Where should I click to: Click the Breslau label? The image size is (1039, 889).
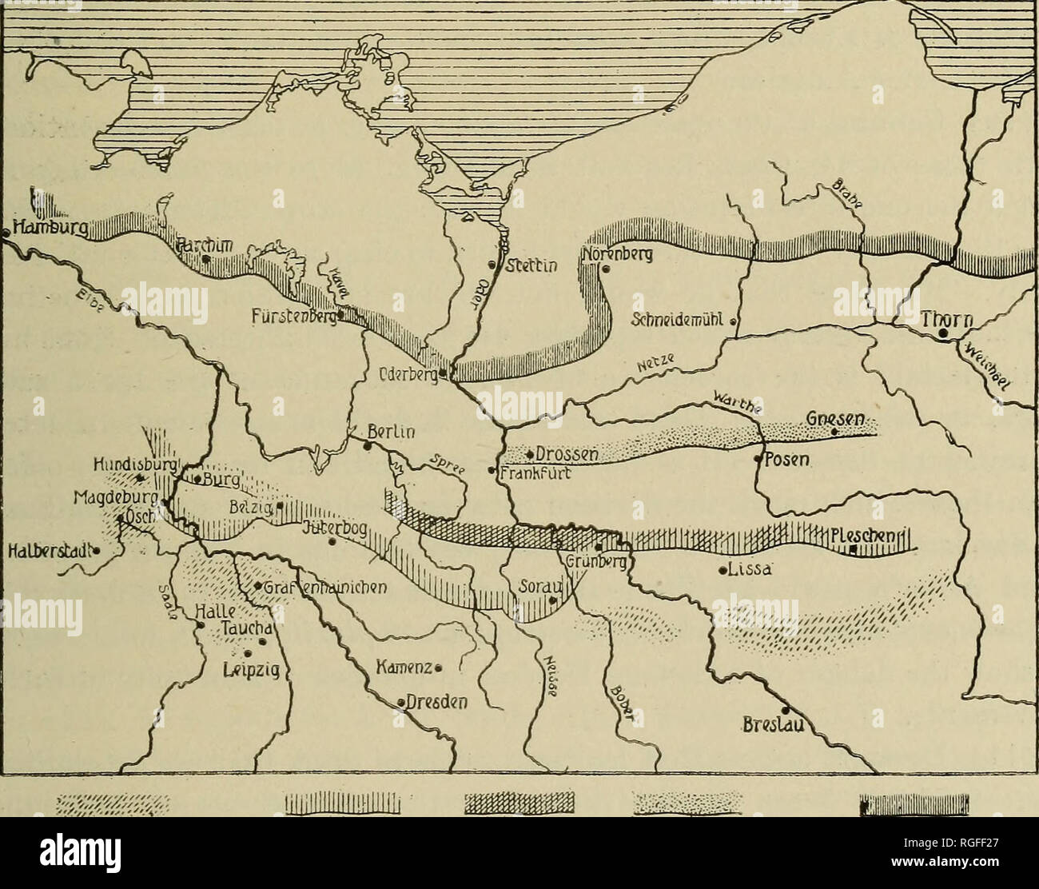[x=773, y=727]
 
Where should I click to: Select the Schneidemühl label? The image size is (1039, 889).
[x=677, y=321]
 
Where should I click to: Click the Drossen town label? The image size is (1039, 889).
[x=567, y=454]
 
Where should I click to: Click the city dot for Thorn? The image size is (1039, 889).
[x=944, y=333]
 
